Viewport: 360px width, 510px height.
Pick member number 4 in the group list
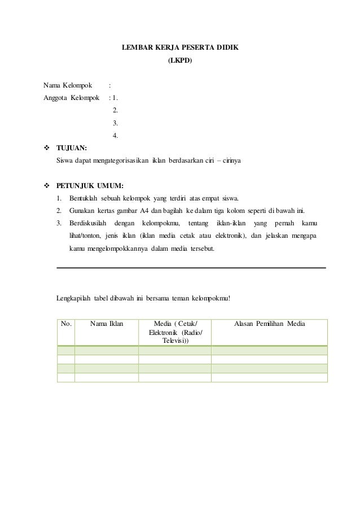coord(116,135)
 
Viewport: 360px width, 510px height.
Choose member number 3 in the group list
coord(116,123)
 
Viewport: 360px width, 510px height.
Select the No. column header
coord(66,324)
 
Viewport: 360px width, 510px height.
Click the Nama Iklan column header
coord(107,324)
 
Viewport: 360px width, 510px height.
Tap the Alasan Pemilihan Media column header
coord(270,324)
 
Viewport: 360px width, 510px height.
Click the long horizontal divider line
coord(192,267)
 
